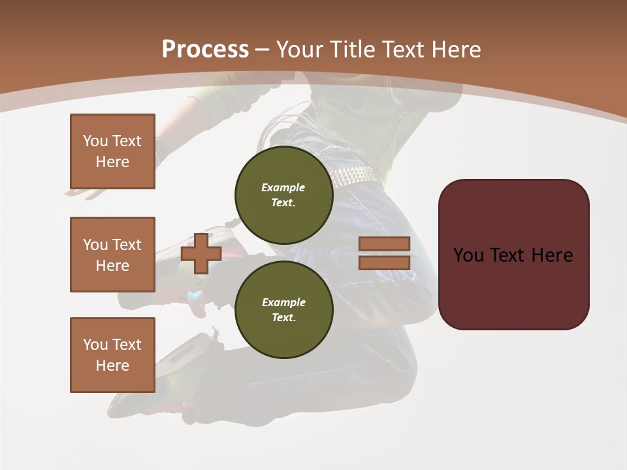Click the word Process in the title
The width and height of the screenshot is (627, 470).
click(x=205, y=50)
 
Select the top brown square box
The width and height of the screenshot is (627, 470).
click(x=112, y=151)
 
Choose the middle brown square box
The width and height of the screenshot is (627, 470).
click(x=112, y=255)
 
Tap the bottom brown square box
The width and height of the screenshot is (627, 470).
click(x=112, y=355)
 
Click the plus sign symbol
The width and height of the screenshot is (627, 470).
click(x=201, y=253)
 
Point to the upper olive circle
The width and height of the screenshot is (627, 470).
click(x=283, y=195)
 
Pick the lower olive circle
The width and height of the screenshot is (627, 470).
click(x=283, y=310)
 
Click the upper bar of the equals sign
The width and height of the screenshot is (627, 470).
click(x=384, y=243)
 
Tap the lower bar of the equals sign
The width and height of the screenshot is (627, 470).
click(x=384, y=262)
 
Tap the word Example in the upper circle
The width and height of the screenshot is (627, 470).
click(x=283, y=187)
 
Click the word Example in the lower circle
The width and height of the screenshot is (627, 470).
click(x=283, y=302)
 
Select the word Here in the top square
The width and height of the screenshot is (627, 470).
click(x=112, y=162)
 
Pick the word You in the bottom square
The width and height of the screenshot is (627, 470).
click(x=95, y=345)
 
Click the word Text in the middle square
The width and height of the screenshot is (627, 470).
click(x=126, y=245)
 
